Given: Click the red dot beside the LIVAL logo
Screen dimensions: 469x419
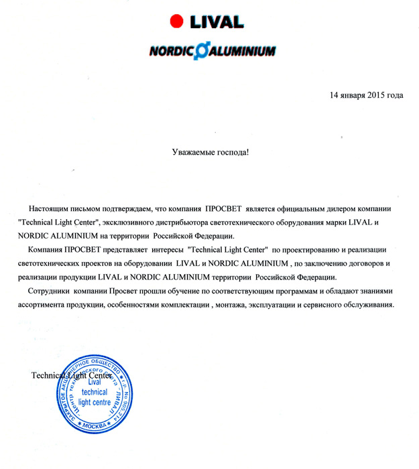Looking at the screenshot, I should [x=177, y=21].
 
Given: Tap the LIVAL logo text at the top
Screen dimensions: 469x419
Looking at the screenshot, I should [x=216, y=21].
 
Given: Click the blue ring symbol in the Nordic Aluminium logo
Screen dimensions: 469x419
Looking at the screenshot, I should [x=198, y=52].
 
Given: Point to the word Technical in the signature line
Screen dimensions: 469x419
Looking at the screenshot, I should [x=50, y=375].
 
